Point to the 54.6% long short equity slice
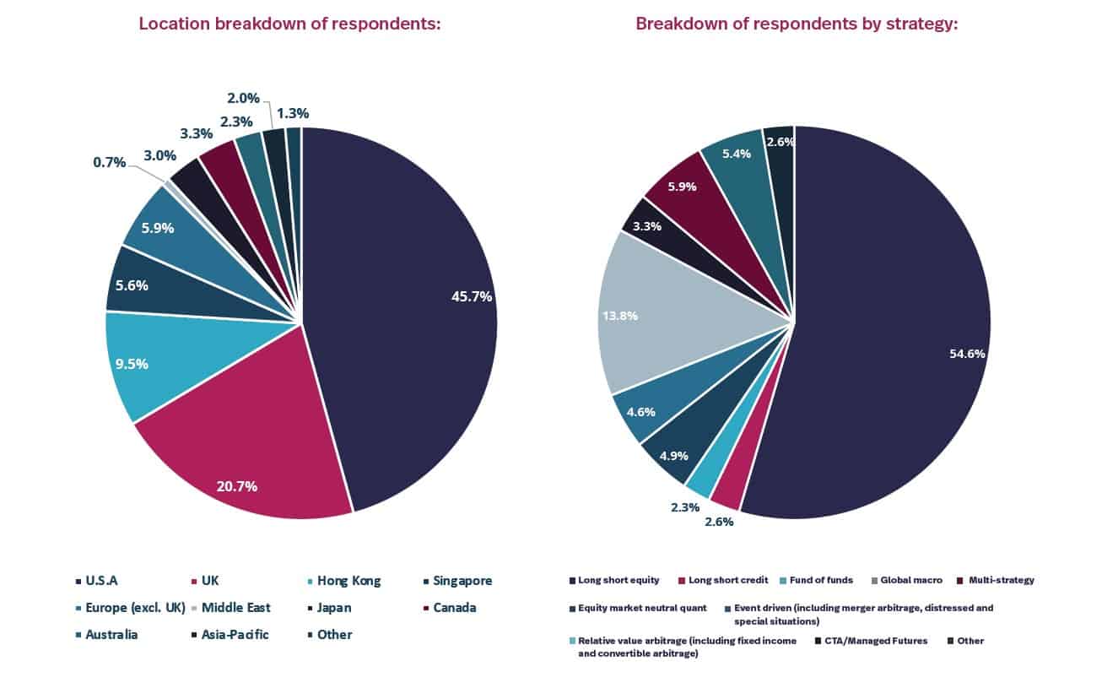click(x=894, y=338)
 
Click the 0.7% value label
click(x=109, y=162)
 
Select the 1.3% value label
click(x=293, y=113)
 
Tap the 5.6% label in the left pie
click(x=132, y=285)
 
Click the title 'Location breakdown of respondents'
click(x=290, y=24)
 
